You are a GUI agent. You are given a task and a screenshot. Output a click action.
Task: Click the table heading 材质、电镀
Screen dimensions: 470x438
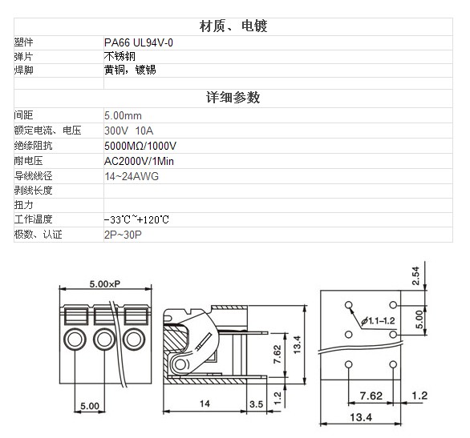[233, 26]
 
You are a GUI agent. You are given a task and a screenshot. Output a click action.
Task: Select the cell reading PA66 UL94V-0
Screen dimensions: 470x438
[139, 42]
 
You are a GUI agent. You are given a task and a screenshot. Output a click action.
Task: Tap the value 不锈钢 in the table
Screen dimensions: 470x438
[120, 56]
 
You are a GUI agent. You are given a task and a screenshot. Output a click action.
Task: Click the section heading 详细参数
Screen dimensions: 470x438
[233, 98]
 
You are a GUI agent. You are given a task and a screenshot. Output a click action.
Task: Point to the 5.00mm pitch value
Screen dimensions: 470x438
[123, 115]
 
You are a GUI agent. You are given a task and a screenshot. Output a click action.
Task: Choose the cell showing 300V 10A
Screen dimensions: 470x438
[129, 131]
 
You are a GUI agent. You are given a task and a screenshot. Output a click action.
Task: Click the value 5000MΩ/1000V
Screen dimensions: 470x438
[140, 146]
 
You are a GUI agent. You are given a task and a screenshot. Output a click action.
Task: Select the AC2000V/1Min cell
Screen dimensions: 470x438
[139, 161]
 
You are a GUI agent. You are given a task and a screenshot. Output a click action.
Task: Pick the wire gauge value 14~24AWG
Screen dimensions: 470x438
[132, 176]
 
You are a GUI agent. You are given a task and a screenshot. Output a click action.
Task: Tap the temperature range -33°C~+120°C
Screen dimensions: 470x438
[136, 220]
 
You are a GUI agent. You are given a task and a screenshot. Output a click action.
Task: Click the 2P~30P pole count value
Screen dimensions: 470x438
[123, 235]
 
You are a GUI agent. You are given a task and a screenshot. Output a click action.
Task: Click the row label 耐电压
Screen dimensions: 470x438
[29, 161]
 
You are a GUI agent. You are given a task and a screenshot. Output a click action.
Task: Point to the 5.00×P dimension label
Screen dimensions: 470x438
[105, 283]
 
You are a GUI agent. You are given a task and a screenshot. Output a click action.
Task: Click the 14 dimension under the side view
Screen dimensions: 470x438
[205, 404]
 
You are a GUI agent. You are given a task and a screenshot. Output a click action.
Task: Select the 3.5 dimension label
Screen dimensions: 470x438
[257, 404]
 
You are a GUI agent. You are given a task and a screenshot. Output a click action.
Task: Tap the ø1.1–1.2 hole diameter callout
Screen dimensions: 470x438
[379, 321]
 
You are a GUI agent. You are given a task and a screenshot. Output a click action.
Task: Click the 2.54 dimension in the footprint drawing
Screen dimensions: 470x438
[415, 275]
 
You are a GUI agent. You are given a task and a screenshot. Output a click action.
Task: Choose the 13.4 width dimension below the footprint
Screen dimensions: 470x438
[361, 417]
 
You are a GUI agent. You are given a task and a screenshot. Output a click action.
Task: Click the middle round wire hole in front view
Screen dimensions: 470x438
[104, 340]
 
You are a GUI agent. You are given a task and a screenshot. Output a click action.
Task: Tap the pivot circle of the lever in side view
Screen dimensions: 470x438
[180, 364]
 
